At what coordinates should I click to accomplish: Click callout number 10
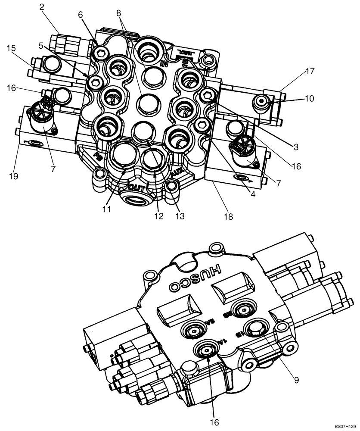coord(309,99)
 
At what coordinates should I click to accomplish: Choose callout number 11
coord(107,209)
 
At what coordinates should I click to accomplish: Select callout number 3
coord(295,147)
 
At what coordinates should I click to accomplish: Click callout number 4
coord(253,194)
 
